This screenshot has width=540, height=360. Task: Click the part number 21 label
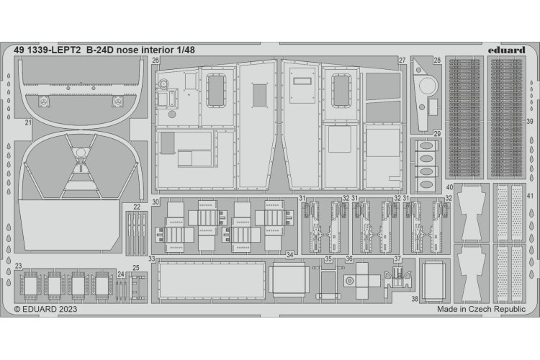pyautogui.click(x=27, y=123)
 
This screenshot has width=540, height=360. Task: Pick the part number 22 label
pyautogui.click(x=136, y=205)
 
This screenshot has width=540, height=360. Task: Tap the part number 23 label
pyautogui.click(x=17, y=265)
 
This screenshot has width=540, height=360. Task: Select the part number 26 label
pyautogui.click(x=156, y=61)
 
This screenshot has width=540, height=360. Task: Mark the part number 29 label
pyautogui.click(x=437, y=134)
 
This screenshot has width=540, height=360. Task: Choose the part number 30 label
pyautogui.click(x=156, y=204)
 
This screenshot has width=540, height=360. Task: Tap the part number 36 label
pyautogui.click(x=349, y=258)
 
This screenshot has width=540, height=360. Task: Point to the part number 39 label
pyautogui.click(x=529, y=122)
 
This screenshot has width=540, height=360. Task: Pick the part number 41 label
pyautogui.click(x=530, y=197)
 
